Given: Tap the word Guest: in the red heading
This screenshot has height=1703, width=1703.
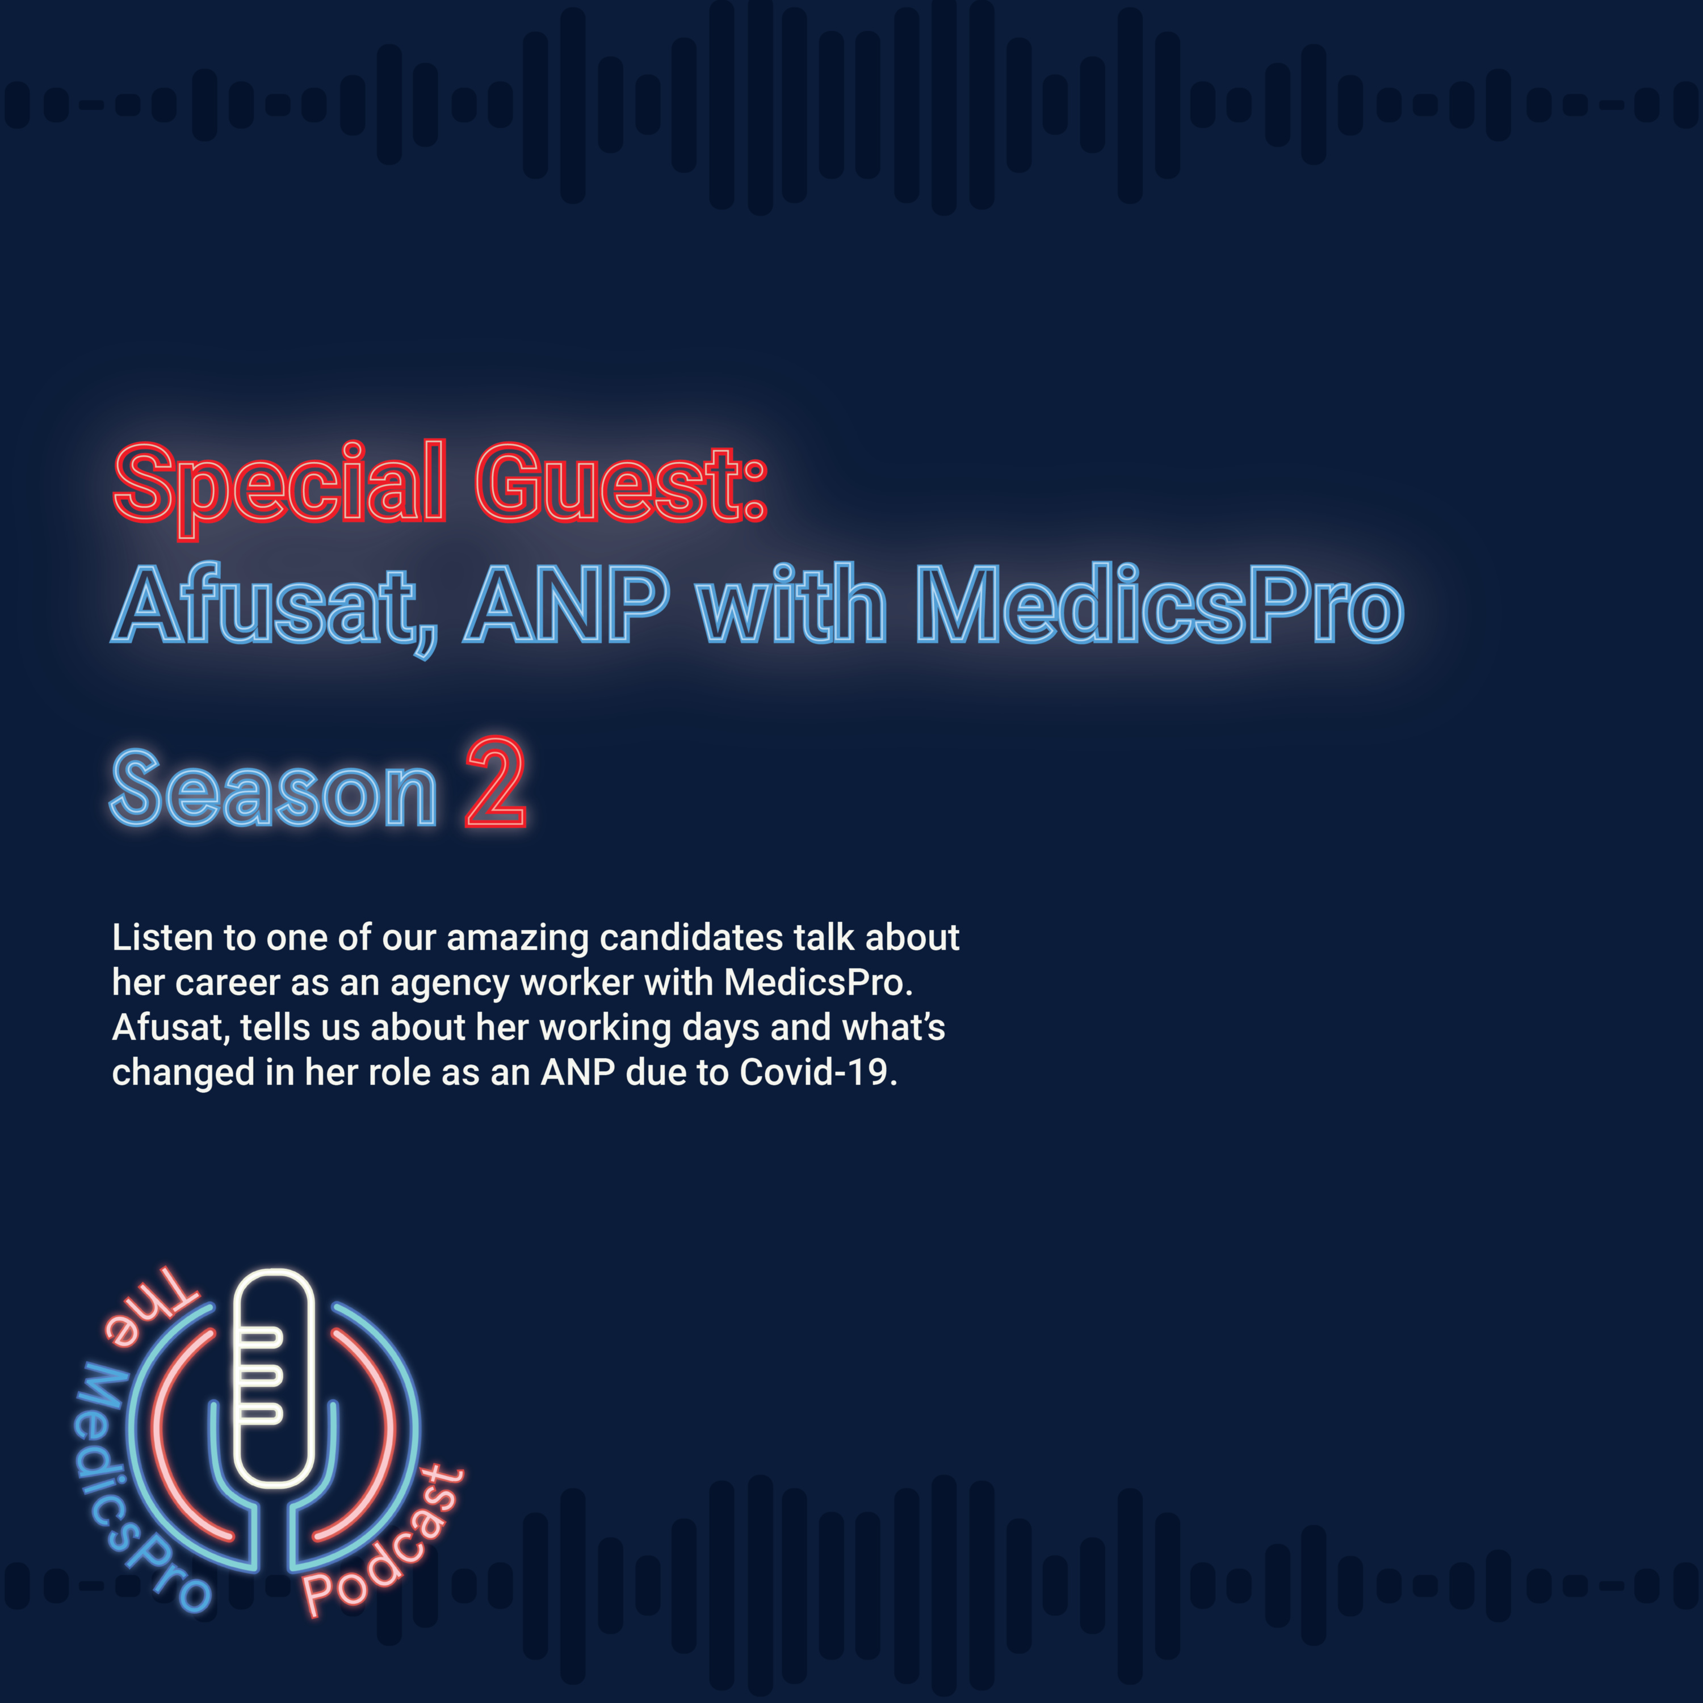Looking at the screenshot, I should coord(622,483).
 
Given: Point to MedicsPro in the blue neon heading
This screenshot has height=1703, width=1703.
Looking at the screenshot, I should coord(1159,604).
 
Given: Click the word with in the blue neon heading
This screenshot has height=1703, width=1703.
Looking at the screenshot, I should coord(791,604).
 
